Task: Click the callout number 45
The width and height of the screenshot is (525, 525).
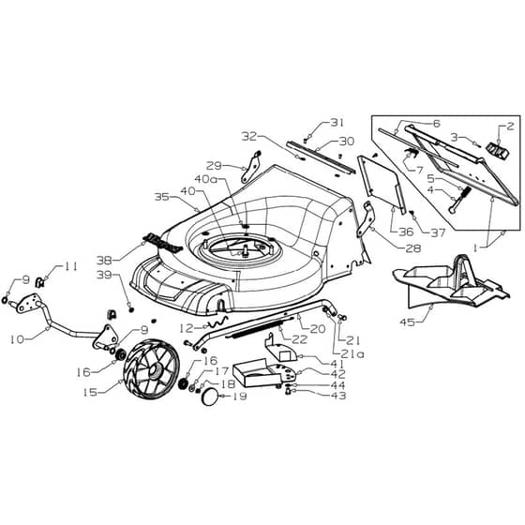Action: pyautogui.click(x=407, y=322)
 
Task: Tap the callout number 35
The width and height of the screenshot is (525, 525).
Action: pyautogui.click(x=161, y=197)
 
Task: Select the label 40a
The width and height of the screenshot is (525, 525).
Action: pyautogui.click(x=206, y=179)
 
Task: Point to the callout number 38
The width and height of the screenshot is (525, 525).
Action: pyautogui.click(x=104, y=260)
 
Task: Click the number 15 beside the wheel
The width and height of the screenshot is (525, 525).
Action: pyautogui.click(x=90, y=392)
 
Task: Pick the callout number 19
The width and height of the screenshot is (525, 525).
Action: pyautogui.click(x=240, y=396)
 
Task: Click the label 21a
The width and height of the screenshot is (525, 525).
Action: pyautogui.click(x=352, y=354)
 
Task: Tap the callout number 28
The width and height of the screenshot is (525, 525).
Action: pyautogui.click(x=413, y=248)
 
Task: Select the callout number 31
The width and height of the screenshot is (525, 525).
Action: pyautogui.click(x=337, y=123)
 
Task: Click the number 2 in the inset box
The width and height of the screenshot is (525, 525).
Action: pyautogui.click(x=510, y=127)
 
